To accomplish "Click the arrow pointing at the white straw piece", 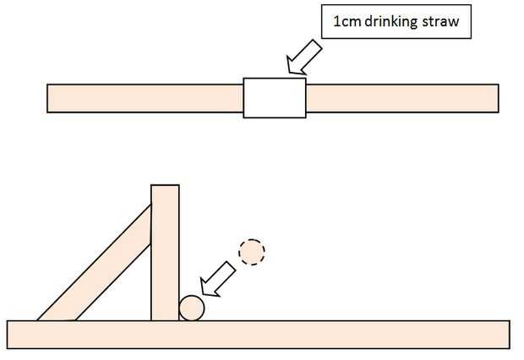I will [303, 58].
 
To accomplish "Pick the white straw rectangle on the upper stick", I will [275, 97].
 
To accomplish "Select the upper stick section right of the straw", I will [401, 98].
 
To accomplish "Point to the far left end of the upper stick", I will [51, 98].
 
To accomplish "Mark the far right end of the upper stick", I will [494, 98].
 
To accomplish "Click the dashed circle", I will [252, 251].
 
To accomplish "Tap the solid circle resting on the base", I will [191, 308].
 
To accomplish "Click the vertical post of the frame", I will [165, 254].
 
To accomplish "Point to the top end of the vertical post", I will [165, 188].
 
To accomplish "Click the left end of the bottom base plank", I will [13, 335].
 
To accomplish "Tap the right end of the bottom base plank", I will [505, 335].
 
